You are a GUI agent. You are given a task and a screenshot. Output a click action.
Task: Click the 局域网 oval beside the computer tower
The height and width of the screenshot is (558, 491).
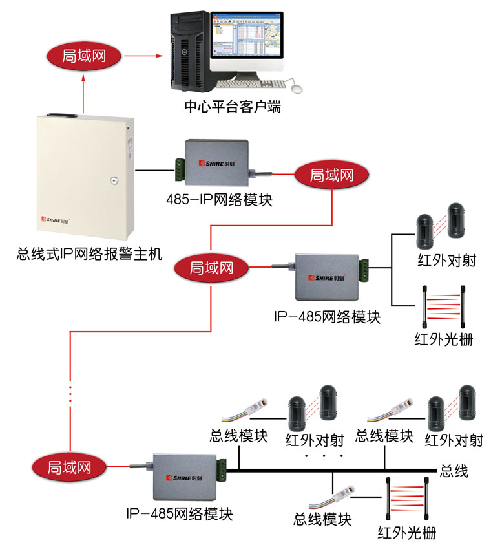pos(84,56)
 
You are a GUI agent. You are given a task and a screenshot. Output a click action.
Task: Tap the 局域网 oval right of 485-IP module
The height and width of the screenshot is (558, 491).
pos(331,175)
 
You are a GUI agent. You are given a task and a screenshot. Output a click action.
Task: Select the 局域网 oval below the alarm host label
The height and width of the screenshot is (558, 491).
pos(211,266)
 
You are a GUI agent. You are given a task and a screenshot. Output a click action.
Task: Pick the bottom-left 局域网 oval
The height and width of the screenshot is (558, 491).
pos(67,466)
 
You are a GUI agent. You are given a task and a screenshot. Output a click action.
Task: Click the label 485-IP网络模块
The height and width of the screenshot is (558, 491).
pos(219,199)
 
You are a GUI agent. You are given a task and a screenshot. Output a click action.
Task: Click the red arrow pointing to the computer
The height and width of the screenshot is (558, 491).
pos(143,56)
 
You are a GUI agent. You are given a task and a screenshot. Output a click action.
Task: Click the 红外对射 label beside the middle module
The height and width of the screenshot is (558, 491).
pos(447,261)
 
